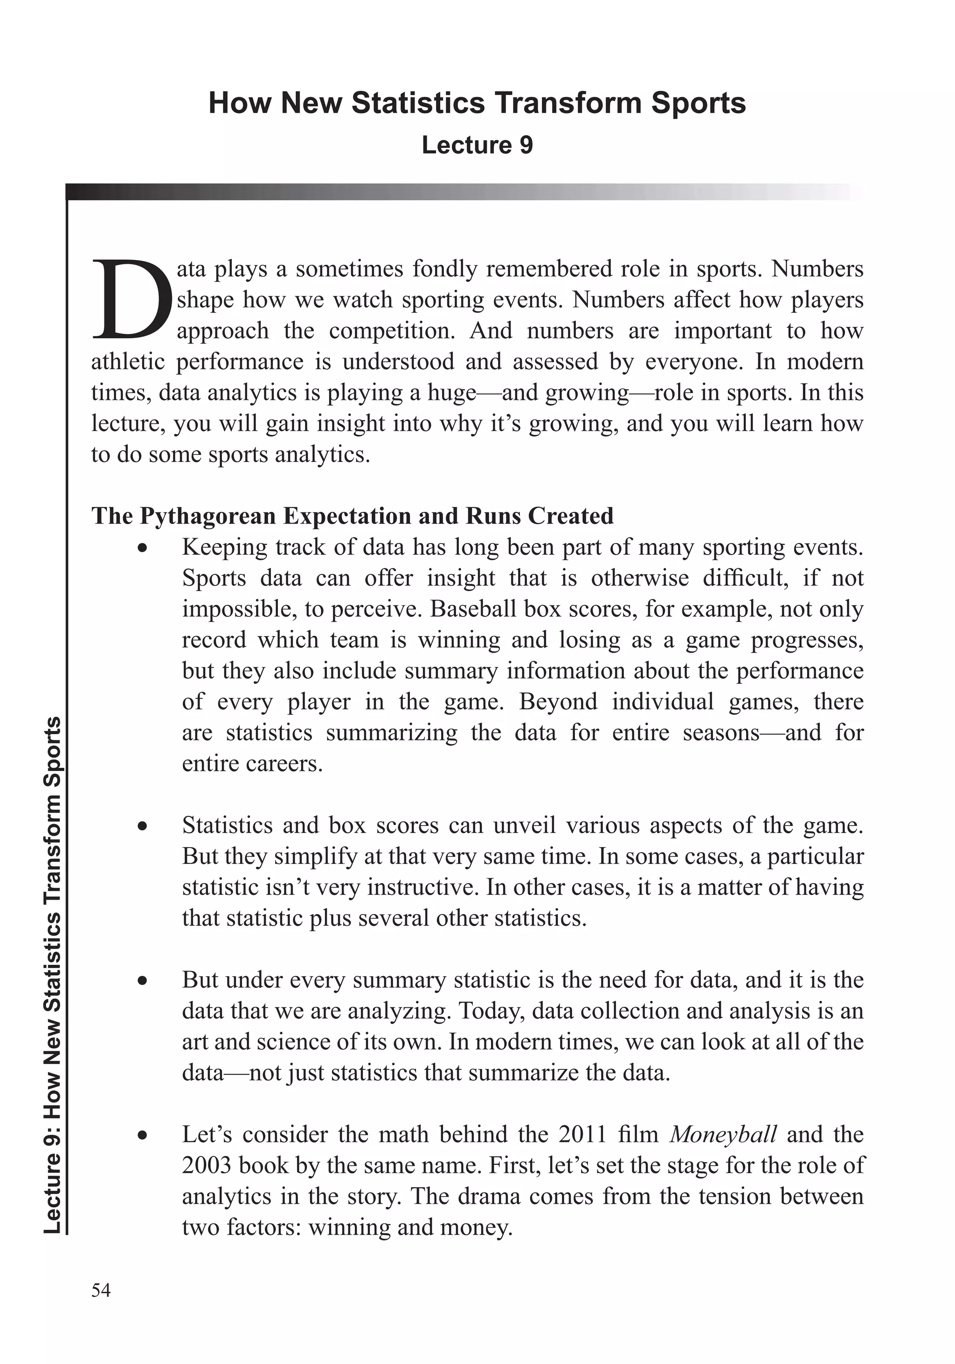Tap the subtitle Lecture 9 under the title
click(x=477, y=145)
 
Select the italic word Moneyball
click(x=723, y=1134)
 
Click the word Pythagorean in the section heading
click(x=208, y=516)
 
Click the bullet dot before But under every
click(x=142, y=980)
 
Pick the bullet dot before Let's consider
click(x=142, y=1135)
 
